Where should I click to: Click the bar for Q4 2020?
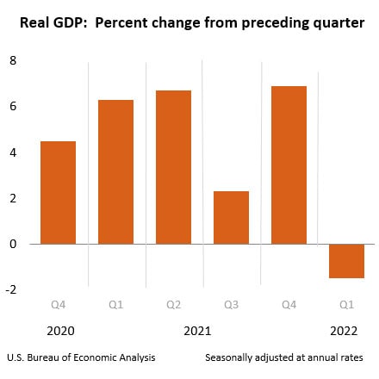pos(58,192)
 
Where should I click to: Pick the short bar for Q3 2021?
pos(231,217)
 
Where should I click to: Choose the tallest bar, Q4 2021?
pos(289,165)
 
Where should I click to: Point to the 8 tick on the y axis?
pos(12,60)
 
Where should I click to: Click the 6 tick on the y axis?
pos(12,107)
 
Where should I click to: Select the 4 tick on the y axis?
pos(12,152)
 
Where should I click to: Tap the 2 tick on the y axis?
pos(12,199)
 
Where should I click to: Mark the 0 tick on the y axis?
pos(12,245)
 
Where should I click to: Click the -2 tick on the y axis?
pos(10,290)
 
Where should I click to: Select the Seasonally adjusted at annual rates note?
pos(283,357)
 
